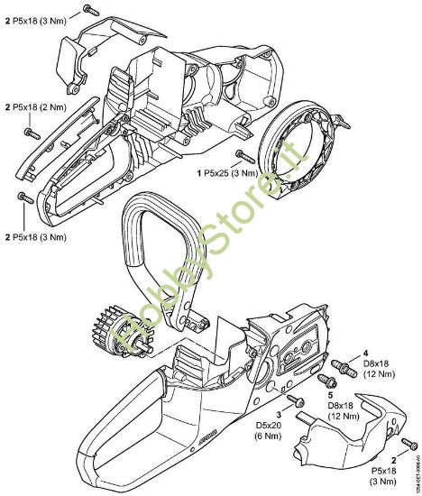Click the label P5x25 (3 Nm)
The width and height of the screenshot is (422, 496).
pos(228,170)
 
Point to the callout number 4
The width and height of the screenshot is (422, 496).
pos(364,354)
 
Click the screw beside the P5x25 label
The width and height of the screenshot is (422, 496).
pos(243,157)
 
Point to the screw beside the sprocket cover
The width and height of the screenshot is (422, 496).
pos(408,443)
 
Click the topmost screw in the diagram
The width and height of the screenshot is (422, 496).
pos(88,9)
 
